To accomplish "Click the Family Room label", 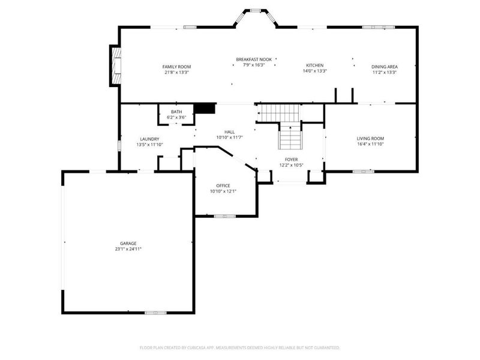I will point(176,66).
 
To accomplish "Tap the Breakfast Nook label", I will point(254,59).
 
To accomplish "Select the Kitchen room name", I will point(314,65).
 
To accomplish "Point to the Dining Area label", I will point(385,67).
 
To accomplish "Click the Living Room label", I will point(370,138).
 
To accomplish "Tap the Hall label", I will point(230,131).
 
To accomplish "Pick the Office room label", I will point(223,186).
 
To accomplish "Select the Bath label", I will point(176,112).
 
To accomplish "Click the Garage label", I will point(128,243).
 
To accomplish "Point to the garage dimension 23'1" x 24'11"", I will point(128,249).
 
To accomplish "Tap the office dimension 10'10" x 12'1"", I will point(223,192).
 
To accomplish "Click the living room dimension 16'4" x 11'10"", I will point(370,144).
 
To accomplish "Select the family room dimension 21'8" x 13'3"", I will point(176,72).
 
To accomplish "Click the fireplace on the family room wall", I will point(114,65).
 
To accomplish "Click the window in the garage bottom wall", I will point(155,313).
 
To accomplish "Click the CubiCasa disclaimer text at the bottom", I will point(240,347).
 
